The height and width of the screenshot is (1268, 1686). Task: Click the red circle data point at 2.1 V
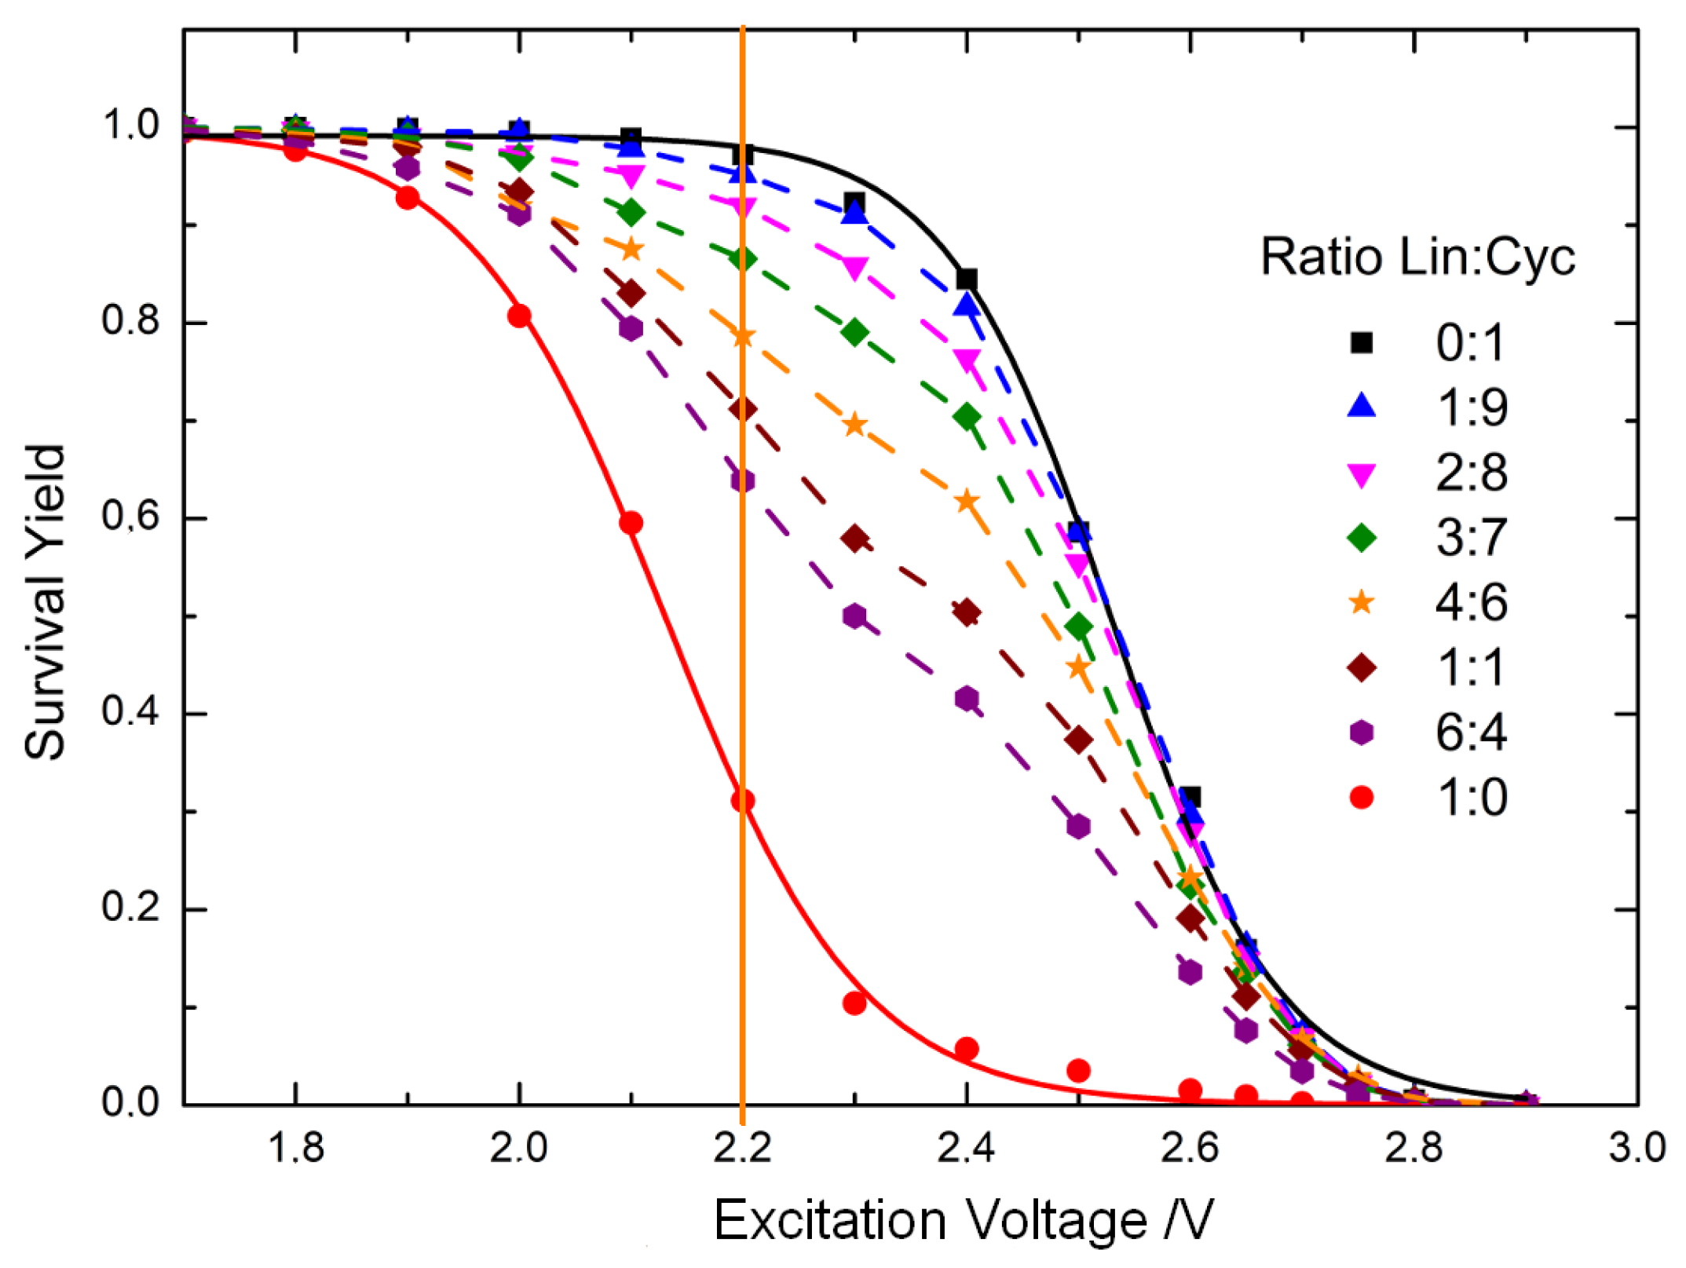pyautogui.click(x=631, y=523)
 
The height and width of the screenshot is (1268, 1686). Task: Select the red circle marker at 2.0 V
pyautogui.click(x=519, y=316)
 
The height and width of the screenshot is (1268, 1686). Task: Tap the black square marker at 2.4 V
pyautogui.click(x=967, y=279)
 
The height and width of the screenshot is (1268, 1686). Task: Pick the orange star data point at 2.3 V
pyautogui.click(x=854, y=426)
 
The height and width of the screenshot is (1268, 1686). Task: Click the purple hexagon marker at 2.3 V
pyautogui.click(x=854, y=616)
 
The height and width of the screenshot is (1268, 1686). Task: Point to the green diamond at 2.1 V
pyautogui.click(x=631, y=212)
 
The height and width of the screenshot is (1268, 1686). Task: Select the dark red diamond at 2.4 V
pyautogui.click(x=967, y=612)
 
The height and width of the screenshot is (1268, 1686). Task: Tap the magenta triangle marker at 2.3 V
pyautogui.click(x=854, y=268)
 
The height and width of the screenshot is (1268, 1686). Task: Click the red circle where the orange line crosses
pyautogui.click(x=743, y=801)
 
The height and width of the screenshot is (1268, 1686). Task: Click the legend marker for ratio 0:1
pyautogui.click(x=1361, y=343)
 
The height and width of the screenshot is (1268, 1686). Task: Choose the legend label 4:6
pyautogui.click(x=1471, y=603)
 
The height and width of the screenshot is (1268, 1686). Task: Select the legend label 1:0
pyautogui.click(x=1471, y=798)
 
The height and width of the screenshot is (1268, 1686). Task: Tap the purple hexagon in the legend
pyautogui.click(x=1361, y=733)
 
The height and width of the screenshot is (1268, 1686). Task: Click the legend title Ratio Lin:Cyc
pyautogui.click(x=1417, y=257)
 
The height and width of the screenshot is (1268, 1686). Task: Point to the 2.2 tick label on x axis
pyautogui.click(x=743, y=1149)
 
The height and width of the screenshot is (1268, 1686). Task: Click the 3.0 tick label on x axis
pyautogui.click(x=1637, y=1149)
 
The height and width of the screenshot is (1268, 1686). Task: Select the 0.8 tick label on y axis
pyautogui.click(x=130, y=321)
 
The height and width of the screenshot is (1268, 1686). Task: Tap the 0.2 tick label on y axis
pyautogui.click(x=130, y=908)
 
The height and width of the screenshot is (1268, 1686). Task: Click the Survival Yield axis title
pyautogui.click(x=45, y=603)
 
